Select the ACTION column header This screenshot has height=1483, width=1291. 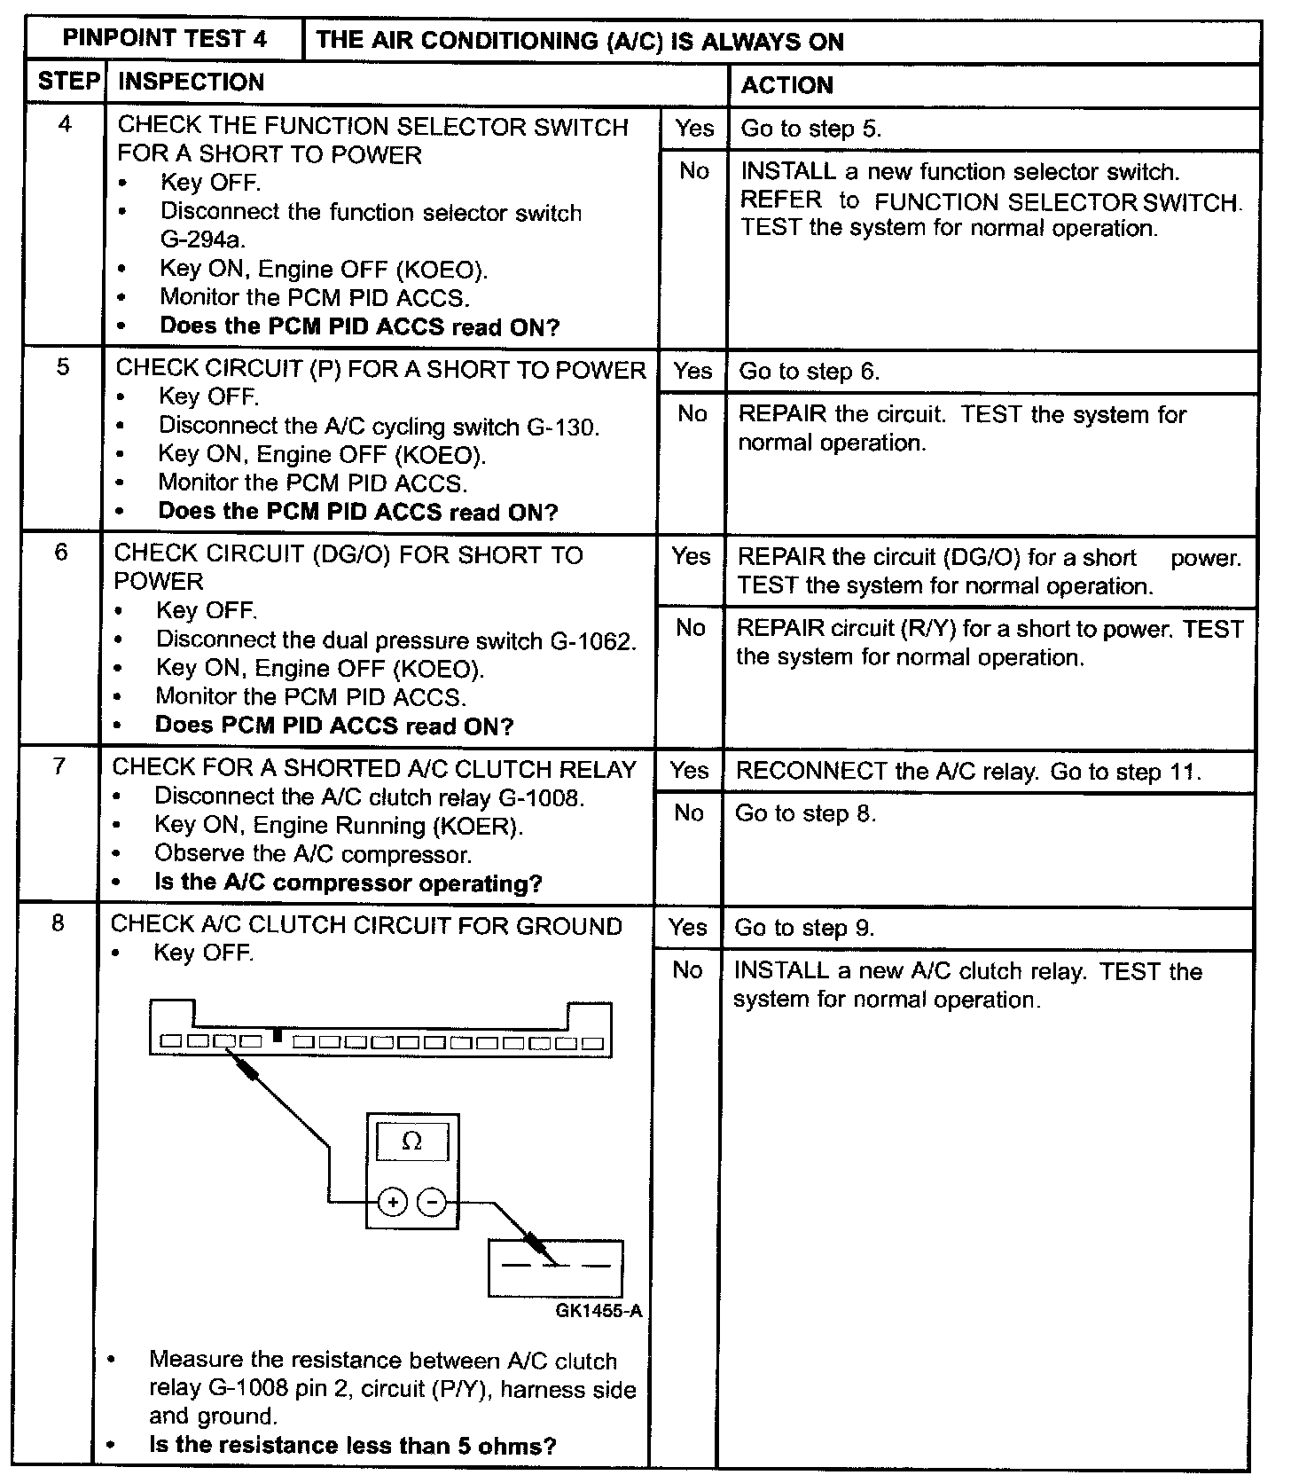pyautogui.click(x=786, y=85)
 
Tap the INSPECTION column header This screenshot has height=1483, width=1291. pyautogui.click(x=191, y=82)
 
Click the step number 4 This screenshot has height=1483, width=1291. pyautogui.click(x=65, y=124)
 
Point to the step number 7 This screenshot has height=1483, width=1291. pyautogui.click(x=59, y=765)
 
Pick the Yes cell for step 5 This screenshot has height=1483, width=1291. pyautogui.click(x=692, y=371)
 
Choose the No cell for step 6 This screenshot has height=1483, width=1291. pyautogui.click(x=690, y=628)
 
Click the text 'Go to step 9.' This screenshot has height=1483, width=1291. pyautogui.click(x=804, y=929)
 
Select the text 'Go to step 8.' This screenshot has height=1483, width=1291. pyautogui.click(x=805, y=813)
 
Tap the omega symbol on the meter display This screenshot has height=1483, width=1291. pyautogui.click(x=412, y=1142)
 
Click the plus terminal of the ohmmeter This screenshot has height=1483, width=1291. pyautogui.click(x=393, y=1203)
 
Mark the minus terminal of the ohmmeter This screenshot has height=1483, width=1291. pyautogui.click(x=432, y=1203)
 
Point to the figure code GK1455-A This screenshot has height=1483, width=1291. pyautogui.click(x=599, y=1311)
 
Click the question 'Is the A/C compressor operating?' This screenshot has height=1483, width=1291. pyautogui.click(x=348, y=883)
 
